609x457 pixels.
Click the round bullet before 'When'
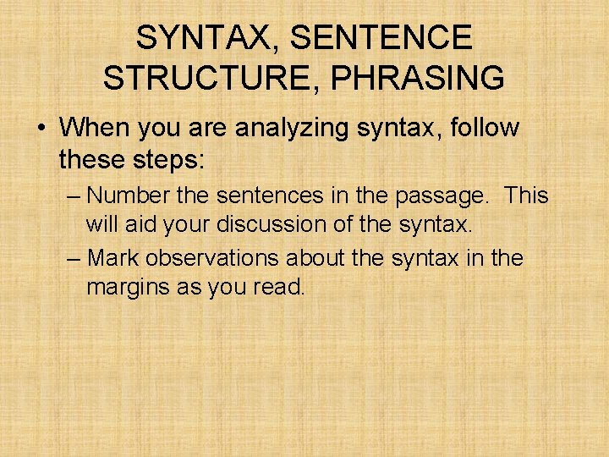pyautogui.click(x=41, y=129)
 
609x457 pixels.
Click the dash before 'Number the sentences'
pyautogui.click(x=74, y=196)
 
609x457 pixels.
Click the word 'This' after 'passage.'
pyautogui.click(x=527, y=195)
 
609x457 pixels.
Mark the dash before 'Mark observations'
pyautogui.click(x=74, y=257)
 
